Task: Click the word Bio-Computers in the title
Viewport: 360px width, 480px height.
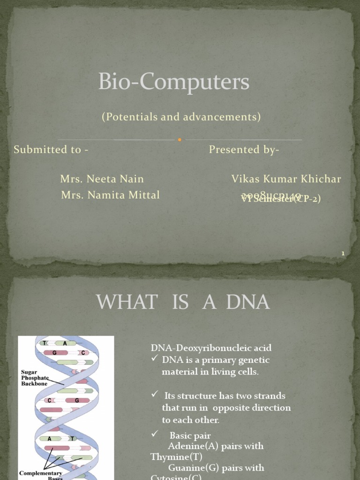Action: pyautogui.click(x=173, y=82)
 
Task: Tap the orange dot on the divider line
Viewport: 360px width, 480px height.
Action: pyautogui.click(x=180, y=139)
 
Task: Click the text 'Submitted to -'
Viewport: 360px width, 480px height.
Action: pyautogui.click(x=51, y=150)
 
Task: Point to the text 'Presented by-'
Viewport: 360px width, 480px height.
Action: pyautogui.click(x=244, y=150)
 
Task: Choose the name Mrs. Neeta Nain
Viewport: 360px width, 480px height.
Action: pyautogui.click(x=102, y=179)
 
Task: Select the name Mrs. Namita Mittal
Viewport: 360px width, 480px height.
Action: pyautogui.click(x=110, y=195)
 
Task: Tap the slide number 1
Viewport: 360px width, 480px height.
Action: pyautogui.click(x=343, y=254)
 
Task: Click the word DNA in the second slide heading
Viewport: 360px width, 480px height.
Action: pyautogui.click(x=247, y=303)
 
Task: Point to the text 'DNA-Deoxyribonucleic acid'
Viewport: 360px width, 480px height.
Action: pyautogui.click(x=211, y=348)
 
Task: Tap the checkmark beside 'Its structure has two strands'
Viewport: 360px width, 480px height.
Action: pyautogui.click(x=155, y=395)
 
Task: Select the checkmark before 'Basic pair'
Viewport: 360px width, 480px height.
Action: pyautogui.click(x=155, y=435)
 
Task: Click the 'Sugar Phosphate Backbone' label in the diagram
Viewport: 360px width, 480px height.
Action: pyautogui.click(x=35, y=378)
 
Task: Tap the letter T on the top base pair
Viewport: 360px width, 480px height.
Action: pyautogui.click(x=45, y=343)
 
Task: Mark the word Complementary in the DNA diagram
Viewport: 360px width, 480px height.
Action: pyautogui.click(x=40, y=473)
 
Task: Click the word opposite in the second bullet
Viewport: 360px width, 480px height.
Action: pyautogui.click(x=222, y=408)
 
